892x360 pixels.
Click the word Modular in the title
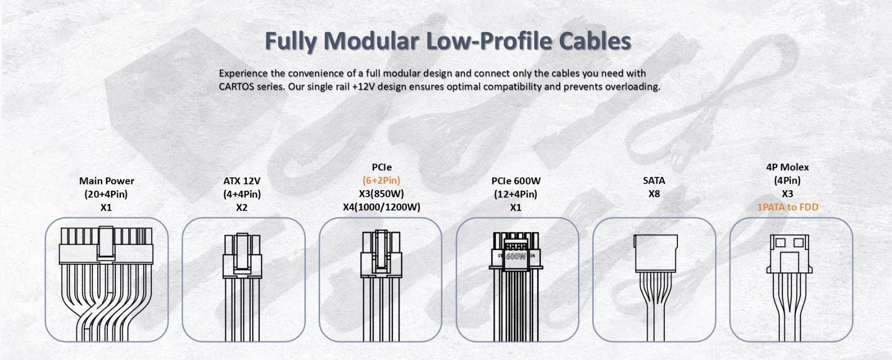tap(372, 41)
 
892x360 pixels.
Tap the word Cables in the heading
tap(595, 41)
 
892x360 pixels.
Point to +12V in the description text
tap(365, 87)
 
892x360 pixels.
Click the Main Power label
tap(107, 181)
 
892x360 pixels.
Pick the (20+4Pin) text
tap(106, 194)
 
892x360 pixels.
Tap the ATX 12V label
tap(242, 181)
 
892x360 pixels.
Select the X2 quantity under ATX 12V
tap(242, 208)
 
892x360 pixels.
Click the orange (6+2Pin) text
tap(381, 181)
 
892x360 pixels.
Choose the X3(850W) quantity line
tap(381, 194)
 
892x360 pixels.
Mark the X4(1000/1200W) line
tap(381, 207)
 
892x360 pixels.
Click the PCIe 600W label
tap(516, 181)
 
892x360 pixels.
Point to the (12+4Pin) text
tap(515, 194)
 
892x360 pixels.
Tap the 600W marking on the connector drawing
tap(515, 256)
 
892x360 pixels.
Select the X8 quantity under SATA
tap(654, 194)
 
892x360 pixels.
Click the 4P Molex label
tap(788, 167)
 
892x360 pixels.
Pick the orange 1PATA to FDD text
tap(788, 207)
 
